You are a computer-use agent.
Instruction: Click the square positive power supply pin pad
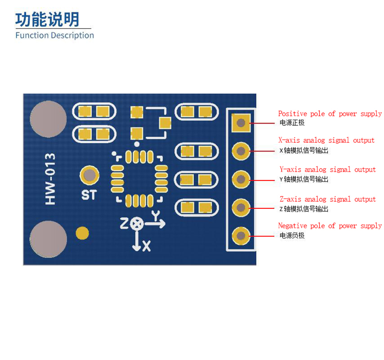tap(241, 123)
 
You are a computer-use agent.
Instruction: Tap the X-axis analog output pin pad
tap(241, 151)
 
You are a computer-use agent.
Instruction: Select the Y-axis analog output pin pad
tap(241, 180)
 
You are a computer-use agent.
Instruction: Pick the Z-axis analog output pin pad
tap(241, 208)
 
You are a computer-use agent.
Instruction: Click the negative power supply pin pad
tap(241, 236)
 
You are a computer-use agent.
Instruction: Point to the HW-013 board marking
tap(50, 179)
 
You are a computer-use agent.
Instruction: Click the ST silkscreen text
tap(89, 195)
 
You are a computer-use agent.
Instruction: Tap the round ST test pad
tap(89, 175)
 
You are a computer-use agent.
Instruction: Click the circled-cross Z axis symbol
tap(136, 223)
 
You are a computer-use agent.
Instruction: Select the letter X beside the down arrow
tap(147, 246)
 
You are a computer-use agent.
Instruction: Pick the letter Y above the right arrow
tap(156, 215)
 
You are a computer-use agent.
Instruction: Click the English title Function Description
tap(55, 35)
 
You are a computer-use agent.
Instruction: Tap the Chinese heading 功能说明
tap(47, 20)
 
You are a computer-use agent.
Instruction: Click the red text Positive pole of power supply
tap(330, 114)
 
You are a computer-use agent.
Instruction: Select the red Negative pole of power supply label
tap(330, 226)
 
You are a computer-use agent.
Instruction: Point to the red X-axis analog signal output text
tap(326, 140)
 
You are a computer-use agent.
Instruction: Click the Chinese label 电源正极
tap(292, 122)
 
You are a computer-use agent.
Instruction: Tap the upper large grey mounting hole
tap(48, 119)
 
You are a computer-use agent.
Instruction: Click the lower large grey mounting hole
tap(48, 239)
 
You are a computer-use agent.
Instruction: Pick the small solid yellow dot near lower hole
tap(82, 233)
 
